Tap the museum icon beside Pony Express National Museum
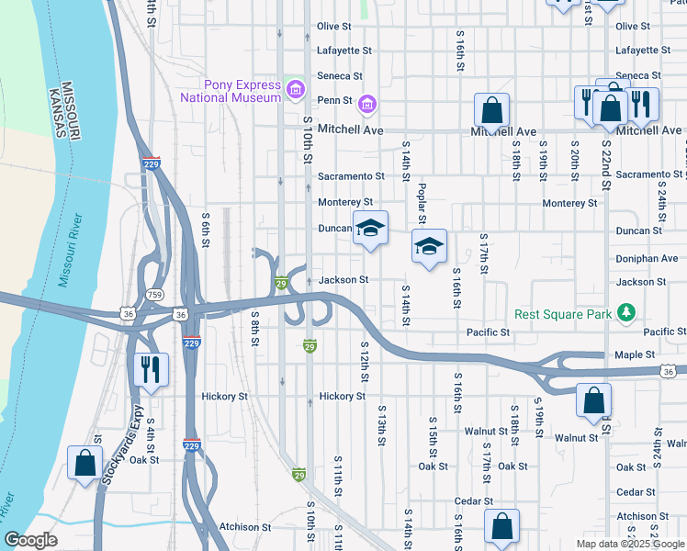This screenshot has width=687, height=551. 296,89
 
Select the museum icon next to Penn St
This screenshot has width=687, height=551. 367,105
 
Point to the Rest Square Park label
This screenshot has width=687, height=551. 563,314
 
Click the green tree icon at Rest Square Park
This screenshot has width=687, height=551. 627,314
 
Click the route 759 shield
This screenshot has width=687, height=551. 155,294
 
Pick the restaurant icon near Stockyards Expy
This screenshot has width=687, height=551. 150,369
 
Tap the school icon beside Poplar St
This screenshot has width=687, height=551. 429,246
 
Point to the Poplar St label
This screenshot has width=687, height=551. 422,202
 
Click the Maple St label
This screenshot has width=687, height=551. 636,354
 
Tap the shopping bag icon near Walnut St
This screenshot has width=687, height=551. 593,400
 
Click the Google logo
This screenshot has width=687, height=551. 31,540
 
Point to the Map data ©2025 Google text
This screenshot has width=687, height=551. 630,544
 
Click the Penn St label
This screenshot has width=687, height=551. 334,100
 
